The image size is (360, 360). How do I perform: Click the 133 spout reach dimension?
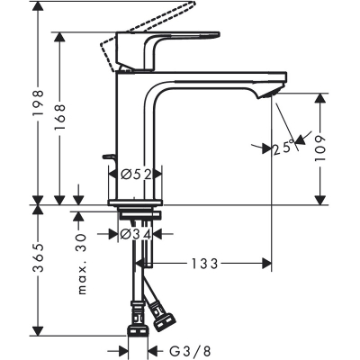(x=202, y=264)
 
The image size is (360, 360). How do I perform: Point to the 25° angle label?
(x=283, y=149)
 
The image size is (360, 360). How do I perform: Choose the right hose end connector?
(x=163, y=316)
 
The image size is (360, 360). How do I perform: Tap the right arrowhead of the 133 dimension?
(x=266, y=264)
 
